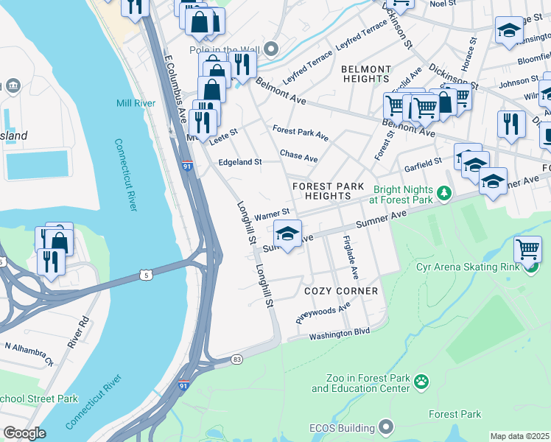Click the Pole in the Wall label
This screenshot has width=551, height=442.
tap(224, 49)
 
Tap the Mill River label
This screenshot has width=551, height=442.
tap(136, 103)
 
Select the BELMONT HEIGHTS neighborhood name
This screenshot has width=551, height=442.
tap(366, 74)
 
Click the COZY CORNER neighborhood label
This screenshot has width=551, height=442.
tap(341, 291)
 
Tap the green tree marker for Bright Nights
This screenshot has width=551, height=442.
tap(443, 194)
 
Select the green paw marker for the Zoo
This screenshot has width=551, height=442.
tap(421, 381)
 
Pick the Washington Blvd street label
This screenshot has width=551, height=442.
tap(339, 333)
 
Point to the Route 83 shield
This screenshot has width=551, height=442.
tap(236, 359)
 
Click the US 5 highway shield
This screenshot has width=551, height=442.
tap(145, 275)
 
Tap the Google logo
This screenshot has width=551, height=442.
tap(24, 433)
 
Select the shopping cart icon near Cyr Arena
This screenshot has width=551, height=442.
tap(527, 250)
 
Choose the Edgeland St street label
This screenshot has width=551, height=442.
tap(239, 161)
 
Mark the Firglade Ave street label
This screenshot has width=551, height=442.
tap(350, 257)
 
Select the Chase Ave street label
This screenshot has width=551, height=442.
tap(298, 157)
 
